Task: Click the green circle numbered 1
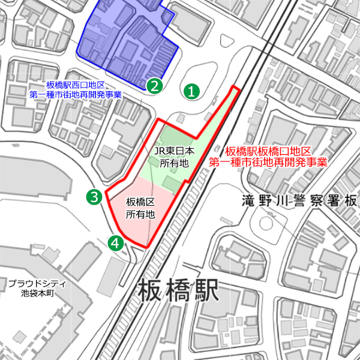(191, 92)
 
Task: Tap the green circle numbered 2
(154, 85)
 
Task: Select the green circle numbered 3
(93, 196)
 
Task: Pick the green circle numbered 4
(115, 242)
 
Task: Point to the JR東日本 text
(175, 151)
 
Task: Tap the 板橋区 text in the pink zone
(140, 202)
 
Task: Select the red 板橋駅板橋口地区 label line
(267, 151)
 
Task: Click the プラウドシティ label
(37, 284)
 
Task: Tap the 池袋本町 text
(37, 294)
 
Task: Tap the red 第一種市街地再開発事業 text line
(268, 162)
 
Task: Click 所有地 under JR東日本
(175, 162)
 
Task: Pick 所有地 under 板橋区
(140, 214)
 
